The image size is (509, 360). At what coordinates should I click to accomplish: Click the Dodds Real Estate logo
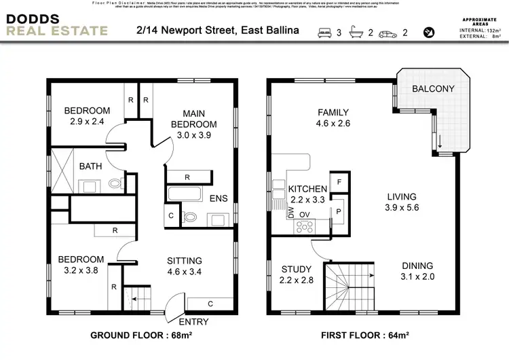[56, 24]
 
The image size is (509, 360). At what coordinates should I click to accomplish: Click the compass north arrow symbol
[428, 32]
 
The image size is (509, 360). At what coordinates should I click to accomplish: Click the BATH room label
[90, 166]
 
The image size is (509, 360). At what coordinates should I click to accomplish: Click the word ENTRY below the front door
[194, 321]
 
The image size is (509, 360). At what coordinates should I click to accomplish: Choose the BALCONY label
[434, 89]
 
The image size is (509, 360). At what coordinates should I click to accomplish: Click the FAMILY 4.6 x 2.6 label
[333, 118]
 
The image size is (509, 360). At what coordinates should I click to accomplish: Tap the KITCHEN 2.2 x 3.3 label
[307, 194]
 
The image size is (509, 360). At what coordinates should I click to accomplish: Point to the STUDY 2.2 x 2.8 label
[296, 274]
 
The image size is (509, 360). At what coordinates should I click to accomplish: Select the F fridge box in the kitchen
[339, 182]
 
